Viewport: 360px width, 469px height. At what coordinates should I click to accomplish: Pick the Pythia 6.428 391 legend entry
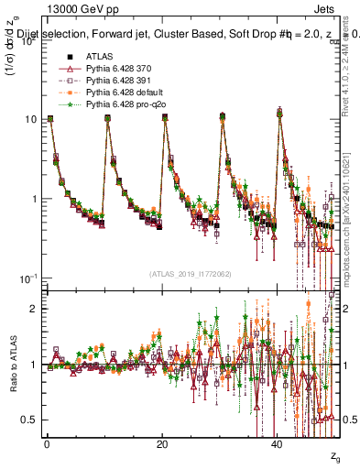(x=115, y=81)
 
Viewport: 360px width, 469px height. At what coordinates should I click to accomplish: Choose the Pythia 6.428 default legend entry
(x=118, y=93)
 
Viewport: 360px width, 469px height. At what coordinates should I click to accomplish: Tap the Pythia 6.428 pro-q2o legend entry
(x=119, y=104)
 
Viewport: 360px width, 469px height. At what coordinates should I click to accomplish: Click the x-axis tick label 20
(x=162, y=442)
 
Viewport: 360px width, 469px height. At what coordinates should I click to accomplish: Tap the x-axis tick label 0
(x=47, y=442)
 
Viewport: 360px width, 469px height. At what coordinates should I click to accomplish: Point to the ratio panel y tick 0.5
(x=33, y=420)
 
